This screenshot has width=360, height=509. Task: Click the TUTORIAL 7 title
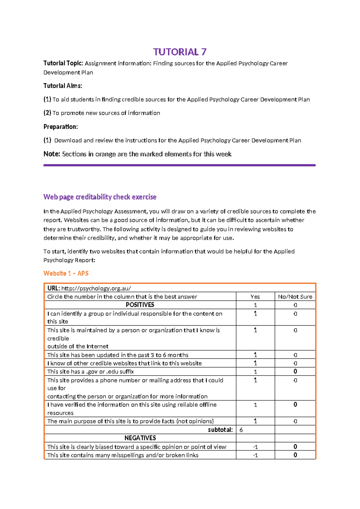click(x=180, y=52)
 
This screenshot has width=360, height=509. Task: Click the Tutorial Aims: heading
click(x=63, y=86)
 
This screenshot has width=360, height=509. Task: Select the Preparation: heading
click(x=61, y=127)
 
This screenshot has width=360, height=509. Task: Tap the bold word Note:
click(x=52, y=154)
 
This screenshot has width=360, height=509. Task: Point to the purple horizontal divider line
click(x=179, y=165)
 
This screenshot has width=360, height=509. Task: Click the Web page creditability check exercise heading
click(x=100, y=197)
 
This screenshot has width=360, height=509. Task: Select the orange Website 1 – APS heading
click(x=66, y=273)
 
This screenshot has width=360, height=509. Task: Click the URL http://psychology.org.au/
click(x=96, y=288)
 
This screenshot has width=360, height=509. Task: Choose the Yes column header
click(x=255, y=297)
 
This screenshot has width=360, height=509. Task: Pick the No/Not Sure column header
click(x=295, y=297)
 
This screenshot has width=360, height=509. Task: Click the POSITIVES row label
click(x=140, y=305)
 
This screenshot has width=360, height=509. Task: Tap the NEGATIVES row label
click(x=140, y=438)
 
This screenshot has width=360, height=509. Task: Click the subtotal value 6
click(x=241, y=430)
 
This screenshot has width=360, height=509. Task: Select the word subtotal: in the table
click(x=220, y=430)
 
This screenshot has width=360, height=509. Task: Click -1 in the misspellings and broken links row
click(x=255, y=455)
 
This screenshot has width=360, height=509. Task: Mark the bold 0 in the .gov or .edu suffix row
click(x=295, y=372)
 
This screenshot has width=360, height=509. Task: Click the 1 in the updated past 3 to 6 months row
click(x=255, y=355)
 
